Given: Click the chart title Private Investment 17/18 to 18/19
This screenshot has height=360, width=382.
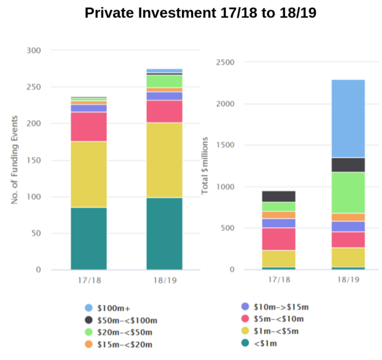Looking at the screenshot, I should tap(200, 13).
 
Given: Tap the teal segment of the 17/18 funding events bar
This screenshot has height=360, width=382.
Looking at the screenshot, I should tap(89, 238).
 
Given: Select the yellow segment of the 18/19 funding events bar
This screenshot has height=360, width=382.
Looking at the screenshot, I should tap(164, 160).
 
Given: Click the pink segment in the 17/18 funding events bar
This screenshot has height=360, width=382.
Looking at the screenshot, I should tap(89, 127).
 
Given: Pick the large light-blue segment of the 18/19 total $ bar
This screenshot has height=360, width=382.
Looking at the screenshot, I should tap(348, 118).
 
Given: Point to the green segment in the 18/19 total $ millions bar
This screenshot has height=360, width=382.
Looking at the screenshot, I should tap(348, 193).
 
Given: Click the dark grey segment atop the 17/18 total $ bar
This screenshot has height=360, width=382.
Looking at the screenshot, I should tap(278, 196).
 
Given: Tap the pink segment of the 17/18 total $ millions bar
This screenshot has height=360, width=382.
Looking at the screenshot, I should tap(278, 239).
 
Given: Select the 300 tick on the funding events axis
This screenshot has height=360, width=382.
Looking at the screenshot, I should tap(34, 51).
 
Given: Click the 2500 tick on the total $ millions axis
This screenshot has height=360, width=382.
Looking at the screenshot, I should tap(225, 62).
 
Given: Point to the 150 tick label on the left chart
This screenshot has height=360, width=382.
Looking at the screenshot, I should tap(34, 160).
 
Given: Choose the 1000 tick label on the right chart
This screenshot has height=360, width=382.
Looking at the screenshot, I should tap(225, 187).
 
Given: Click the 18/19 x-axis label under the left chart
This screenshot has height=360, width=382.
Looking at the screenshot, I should tap(165, 280).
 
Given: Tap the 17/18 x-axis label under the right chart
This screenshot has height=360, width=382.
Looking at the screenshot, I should tap(279, 280).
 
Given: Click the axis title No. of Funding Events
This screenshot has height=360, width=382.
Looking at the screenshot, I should tap(15, 160).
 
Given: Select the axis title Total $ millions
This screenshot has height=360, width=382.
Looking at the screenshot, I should tap(205, 166).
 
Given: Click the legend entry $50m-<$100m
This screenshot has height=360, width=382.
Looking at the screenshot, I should tap(127, 321).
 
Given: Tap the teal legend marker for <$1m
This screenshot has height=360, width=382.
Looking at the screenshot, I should tap(245, 343).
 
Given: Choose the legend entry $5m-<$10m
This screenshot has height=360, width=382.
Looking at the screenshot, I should tap(278, 319).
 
